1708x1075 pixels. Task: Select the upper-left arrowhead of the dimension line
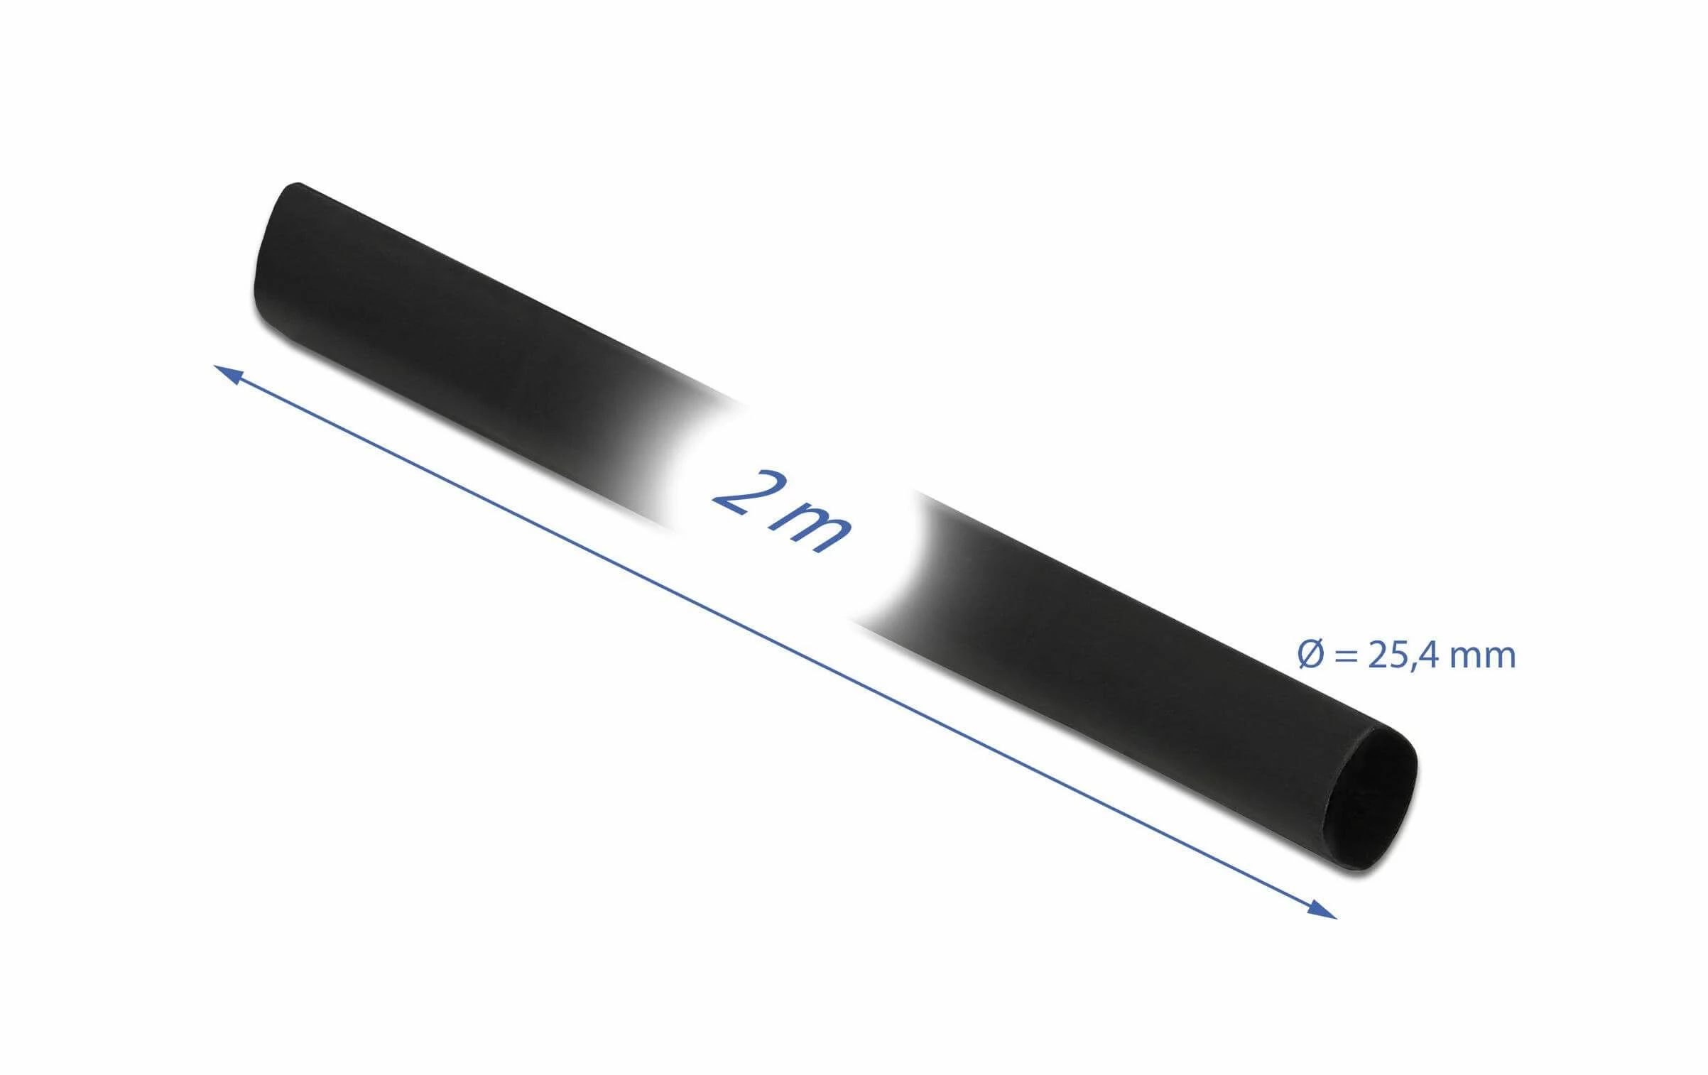[x=229, y=373]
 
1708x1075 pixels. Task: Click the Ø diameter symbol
[x=1311, y=655]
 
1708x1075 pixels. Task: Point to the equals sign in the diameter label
[x=1347, y=656]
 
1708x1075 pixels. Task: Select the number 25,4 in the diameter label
[x=1403, y=655]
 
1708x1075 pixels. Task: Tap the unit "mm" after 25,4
[x=1482, y=656]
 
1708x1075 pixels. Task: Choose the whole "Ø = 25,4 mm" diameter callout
[x=1407, y=655]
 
